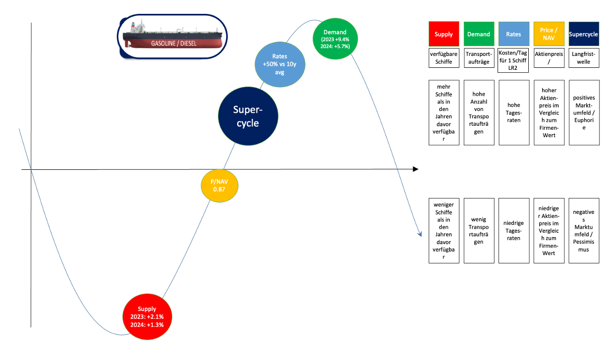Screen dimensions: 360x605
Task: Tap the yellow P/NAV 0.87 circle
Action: click(x=219, y=186)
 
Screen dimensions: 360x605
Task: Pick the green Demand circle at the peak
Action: click(x=335, y=39)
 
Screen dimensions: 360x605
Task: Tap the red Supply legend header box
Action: click(x=444, y=34)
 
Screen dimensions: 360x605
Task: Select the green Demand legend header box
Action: click(x=479, y=34)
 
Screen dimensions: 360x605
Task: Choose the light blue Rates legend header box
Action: click(x=514, y=34)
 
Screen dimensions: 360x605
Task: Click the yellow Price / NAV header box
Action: click(x=549, y=34)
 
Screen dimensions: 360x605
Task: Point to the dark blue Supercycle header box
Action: click(x=584, y=34)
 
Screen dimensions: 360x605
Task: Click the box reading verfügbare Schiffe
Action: click(x=444, y=58)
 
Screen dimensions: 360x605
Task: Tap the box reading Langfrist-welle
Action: click(x=584, y=58)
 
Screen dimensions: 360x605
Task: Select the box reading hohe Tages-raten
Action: click(x=514, y=112)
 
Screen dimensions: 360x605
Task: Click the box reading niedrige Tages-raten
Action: click(x=514, y=230)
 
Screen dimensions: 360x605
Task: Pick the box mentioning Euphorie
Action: click(x=584, y=112)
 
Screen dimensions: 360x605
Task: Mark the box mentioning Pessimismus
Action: click(x=584, y=230)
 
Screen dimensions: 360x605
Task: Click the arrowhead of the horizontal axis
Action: click(x=415, y=169)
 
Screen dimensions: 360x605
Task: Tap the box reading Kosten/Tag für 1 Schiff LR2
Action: click(x=514, y=58)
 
